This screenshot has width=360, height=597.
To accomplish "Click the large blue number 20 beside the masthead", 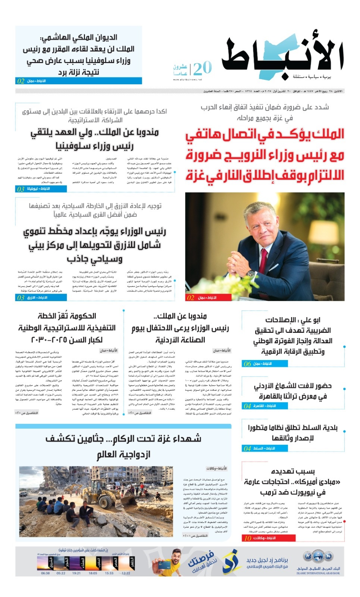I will [202, 68].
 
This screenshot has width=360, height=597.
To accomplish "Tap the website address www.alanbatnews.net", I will [188, 79].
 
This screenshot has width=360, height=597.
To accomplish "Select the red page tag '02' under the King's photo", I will [191, 298].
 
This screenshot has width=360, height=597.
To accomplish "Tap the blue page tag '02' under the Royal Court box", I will [21, 81].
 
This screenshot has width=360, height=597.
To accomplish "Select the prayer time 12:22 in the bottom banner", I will [126, 573].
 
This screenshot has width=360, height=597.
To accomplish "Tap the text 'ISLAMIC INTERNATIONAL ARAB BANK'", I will [318, 573].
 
